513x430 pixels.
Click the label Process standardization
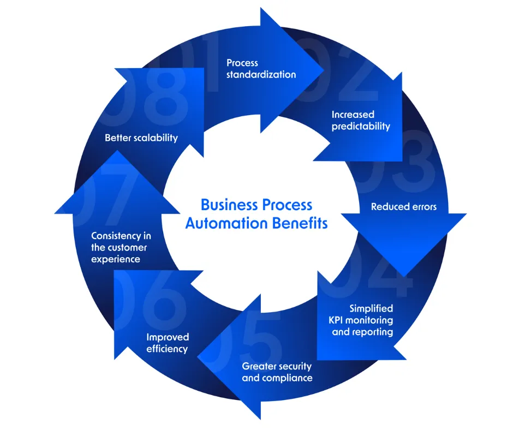point(261,69)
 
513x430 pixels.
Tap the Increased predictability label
point(361,121)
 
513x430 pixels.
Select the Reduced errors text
point(404,207)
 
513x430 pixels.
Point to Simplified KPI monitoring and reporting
point(362,320)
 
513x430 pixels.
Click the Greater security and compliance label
point(277,372)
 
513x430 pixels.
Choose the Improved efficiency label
point(167,343)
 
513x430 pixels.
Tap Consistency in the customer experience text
point(121,248)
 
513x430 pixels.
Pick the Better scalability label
point(141,138)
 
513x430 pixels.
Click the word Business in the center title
point(229,205)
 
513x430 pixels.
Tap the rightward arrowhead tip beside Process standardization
point(322,71)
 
